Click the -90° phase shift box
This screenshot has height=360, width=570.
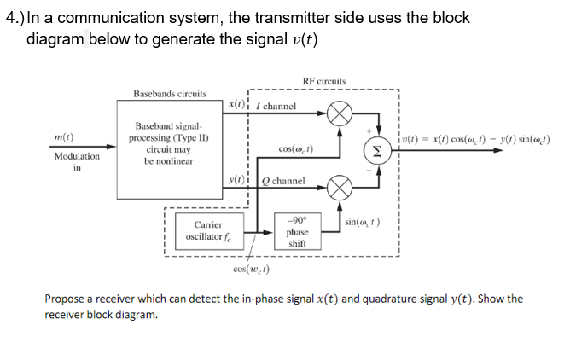coord(297,231)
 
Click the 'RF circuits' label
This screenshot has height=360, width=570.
coord(324,81)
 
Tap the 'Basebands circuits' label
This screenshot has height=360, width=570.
coord(169,92)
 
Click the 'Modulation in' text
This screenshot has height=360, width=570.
coord(76,162)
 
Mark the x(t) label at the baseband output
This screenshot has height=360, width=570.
coord(237,103)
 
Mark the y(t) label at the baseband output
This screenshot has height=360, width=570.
coord(237,179)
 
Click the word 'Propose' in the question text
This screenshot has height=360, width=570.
coord(67,299)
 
